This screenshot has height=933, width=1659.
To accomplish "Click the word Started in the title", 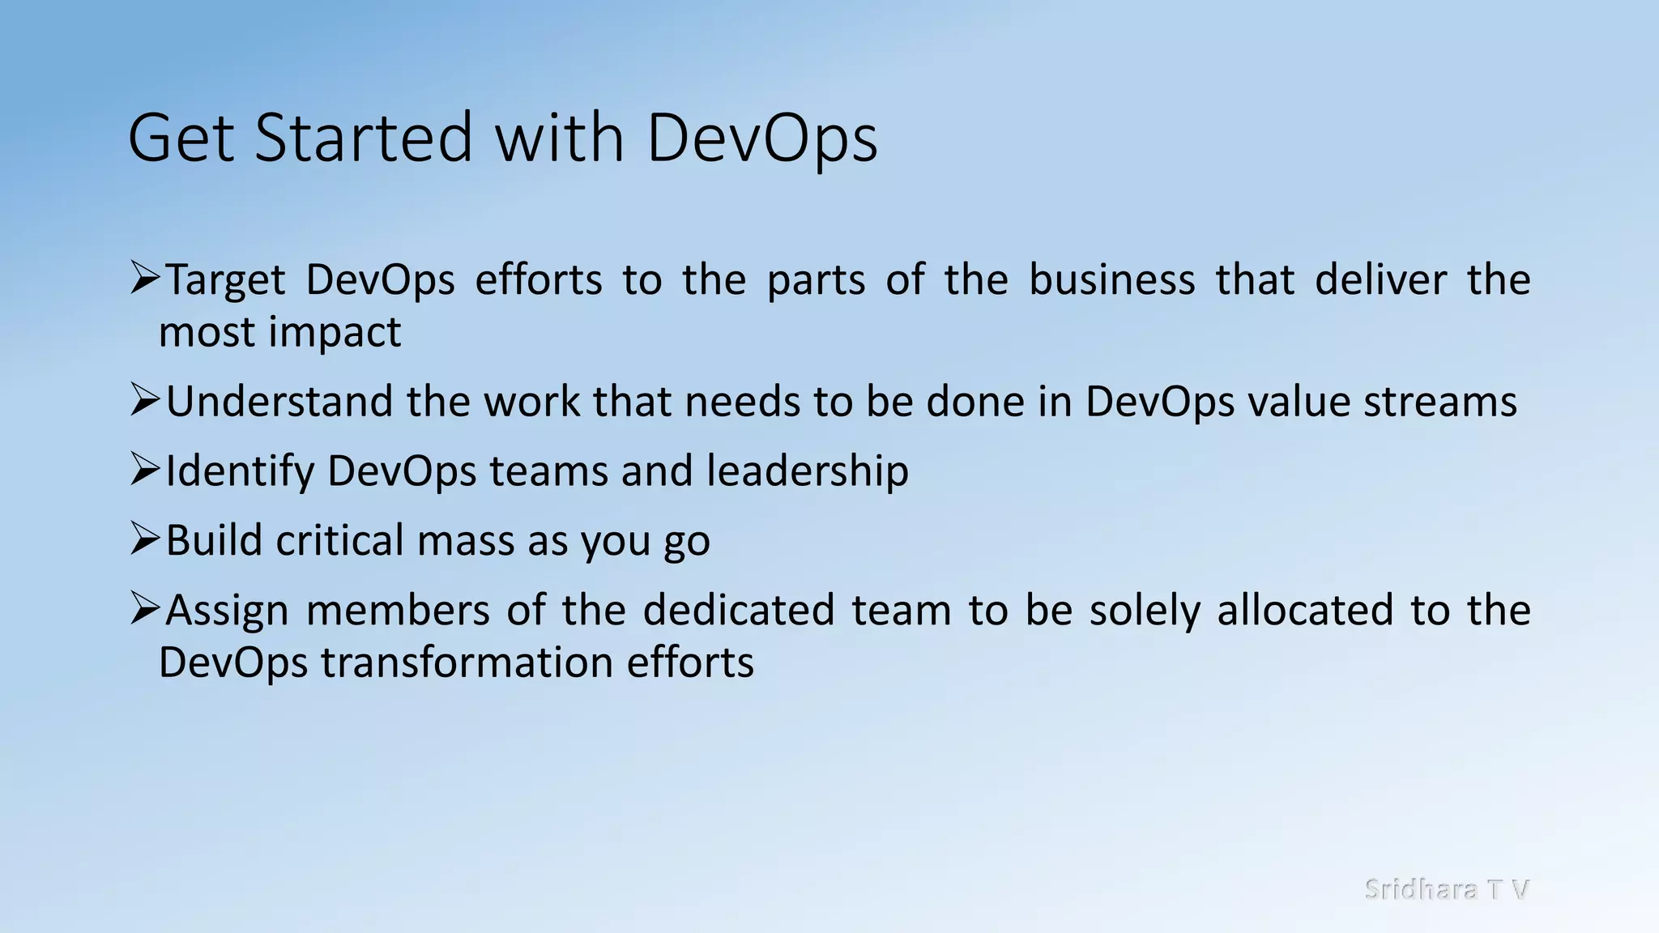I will pos(363,138).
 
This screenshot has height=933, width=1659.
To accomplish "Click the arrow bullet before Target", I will pos(145,279).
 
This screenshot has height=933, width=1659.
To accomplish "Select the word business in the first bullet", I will pos(1111,280).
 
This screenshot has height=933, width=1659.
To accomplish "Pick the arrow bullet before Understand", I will pos(145,400).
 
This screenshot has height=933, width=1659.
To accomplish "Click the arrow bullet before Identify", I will pos(145,470).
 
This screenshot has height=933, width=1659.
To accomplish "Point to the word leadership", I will pos(807,471).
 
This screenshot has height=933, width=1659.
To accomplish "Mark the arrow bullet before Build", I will pos(145,539).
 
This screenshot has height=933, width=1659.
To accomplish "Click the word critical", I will pos(339,540).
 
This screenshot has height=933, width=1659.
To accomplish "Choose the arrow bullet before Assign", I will pos(145,609).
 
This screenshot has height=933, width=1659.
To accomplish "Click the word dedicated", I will pos(738,610).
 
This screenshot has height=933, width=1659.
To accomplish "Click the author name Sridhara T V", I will pos(1446,889).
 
